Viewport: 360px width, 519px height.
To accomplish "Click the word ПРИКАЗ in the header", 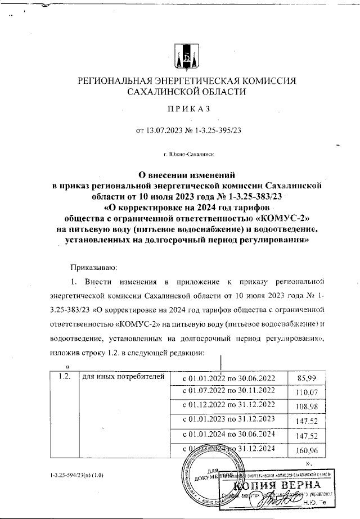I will (179, 109).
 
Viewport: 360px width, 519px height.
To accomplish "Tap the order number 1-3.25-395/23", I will (215, 131).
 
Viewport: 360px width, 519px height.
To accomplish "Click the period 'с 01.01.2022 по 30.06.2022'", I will (229, 377).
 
